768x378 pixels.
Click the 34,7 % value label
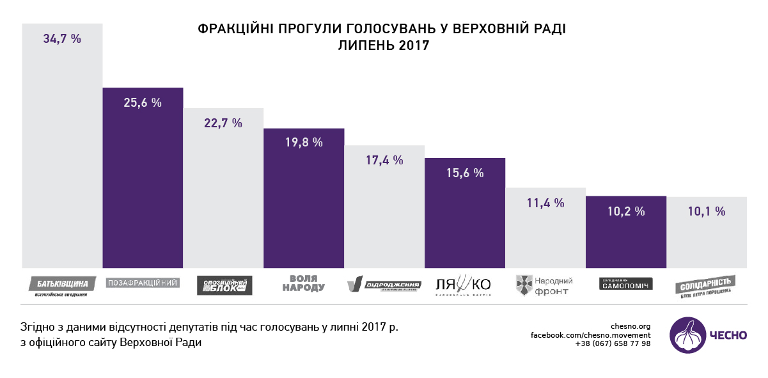coord(62,38)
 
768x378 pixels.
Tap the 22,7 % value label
coord(223,123)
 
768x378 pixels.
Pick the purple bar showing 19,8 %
coord(304,198)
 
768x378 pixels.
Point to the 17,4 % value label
coord(384,161)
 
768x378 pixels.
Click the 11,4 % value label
coord(545,203)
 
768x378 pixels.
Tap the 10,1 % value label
coord(707,211)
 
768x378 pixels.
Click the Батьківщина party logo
coord(62,285)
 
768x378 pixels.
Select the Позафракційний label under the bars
coord(143,282)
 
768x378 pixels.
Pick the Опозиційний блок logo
coord(224,285)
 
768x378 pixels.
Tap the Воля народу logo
coord(304,283)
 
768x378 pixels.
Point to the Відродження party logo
coord(384,285)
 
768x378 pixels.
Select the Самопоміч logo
coord(626,283)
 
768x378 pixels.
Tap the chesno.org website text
coord(631,326)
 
